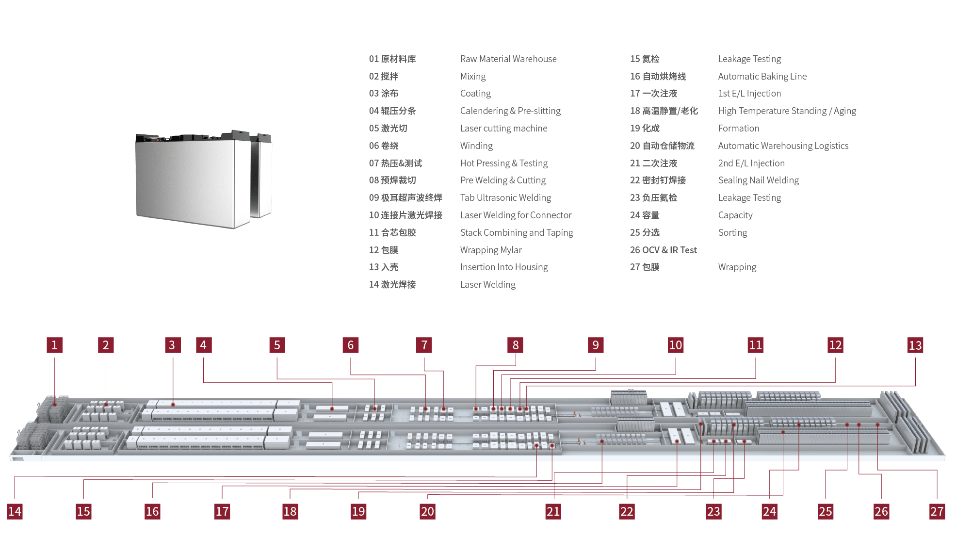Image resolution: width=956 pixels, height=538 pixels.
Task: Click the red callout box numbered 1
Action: pos(54,345)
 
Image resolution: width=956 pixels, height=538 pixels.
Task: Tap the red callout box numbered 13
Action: pos(915,345)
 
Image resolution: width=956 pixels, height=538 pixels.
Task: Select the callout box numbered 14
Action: pos(15,511)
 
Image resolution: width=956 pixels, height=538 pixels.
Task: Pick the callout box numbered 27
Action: pos(937,511)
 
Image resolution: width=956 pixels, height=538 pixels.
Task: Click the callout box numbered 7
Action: pos(424,345)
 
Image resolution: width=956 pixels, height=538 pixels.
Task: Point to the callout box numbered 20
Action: pos(427,511)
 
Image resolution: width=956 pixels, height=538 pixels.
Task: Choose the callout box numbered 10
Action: pos(676,345)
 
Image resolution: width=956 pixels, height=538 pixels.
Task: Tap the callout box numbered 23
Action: pos(713,511)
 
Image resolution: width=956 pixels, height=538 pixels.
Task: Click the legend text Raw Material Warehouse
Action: pos(508,59)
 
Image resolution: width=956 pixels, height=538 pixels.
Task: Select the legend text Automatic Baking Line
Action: pos(762,76)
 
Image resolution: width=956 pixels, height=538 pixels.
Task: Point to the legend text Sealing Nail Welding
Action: pos(758,180)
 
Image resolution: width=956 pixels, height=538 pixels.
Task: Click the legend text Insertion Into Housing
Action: pos(504,267)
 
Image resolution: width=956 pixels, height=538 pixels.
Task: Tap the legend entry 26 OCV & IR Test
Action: pos(663,250)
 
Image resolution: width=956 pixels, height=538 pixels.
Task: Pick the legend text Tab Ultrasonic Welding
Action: pos(505,198)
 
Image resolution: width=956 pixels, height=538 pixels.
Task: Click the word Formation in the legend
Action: pos(738,129)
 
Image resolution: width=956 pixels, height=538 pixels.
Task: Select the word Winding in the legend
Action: pos(476,146)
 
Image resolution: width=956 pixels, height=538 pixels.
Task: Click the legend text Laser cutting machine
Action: pos(503,129)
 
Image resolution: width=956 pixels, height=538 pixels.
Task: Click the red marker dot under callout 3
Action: pos(173,405)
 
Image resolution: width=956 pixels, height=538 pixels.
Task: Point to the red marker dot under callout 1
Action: pos(55,404)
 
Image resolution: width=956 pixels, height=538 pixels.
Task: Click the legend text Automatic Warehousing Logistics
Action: pos(783,146)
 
